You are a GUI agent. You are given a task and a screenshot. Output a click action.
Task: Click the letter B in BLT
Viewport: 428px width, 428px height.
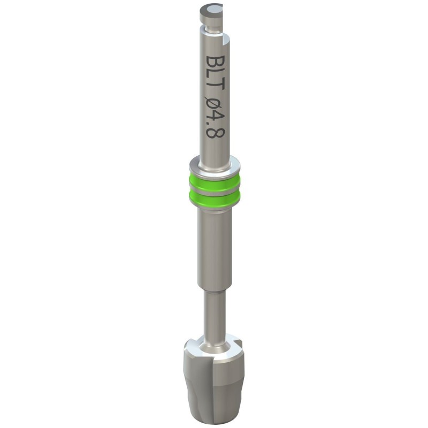tap(214, 59)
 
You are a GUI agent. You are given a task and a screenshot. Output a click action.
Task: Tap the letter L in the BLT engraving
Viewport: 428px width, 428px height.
tap(214, 73)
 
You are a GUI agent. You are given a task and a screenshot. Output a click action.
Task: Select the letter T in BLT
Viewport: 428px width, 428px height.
tap(214, 85)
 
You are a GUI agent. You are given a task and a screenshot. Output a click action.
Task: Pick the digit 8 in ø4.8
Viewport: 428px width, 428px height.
tap(214, 134)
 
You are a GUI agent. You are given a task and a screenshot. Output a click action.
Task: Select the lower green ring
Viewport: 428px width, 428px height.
tap(214, 198)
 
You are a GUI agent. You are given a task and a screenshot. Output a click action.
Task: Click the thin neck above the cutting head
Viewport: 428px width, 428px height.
tap(214, 316)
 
